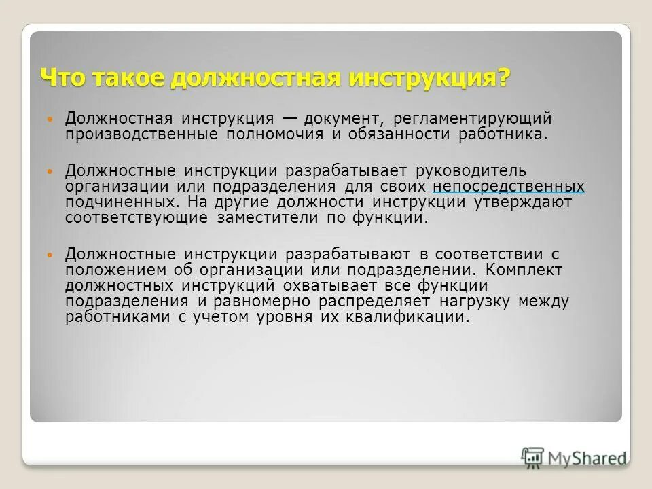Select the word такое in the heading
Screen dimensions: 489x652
coord(128,76)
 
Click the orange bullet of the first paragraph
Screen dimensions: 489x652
coord(48,118)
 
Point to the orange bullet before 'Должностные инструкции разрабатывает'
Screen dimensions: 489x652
coord(48,170)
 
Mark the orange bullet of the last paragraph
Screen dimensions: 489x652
coord(48,255)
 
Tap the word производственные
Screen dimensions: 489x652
coord(141,134)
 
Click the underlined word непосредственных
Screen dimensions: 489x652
coord(508,185)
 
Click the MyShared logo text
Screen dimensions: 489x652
coord(587,458)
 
